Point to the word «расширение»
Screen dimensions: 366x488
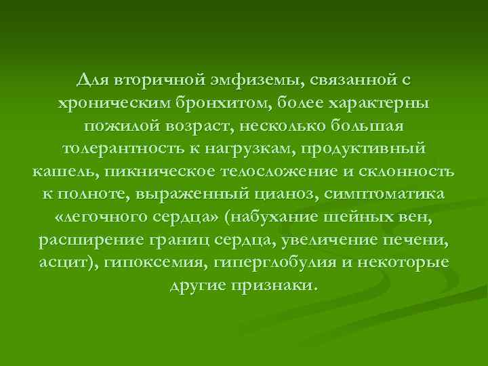click(x=85, y=241)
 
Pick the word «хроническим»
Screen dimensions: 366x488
click(x=103, y=103)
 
